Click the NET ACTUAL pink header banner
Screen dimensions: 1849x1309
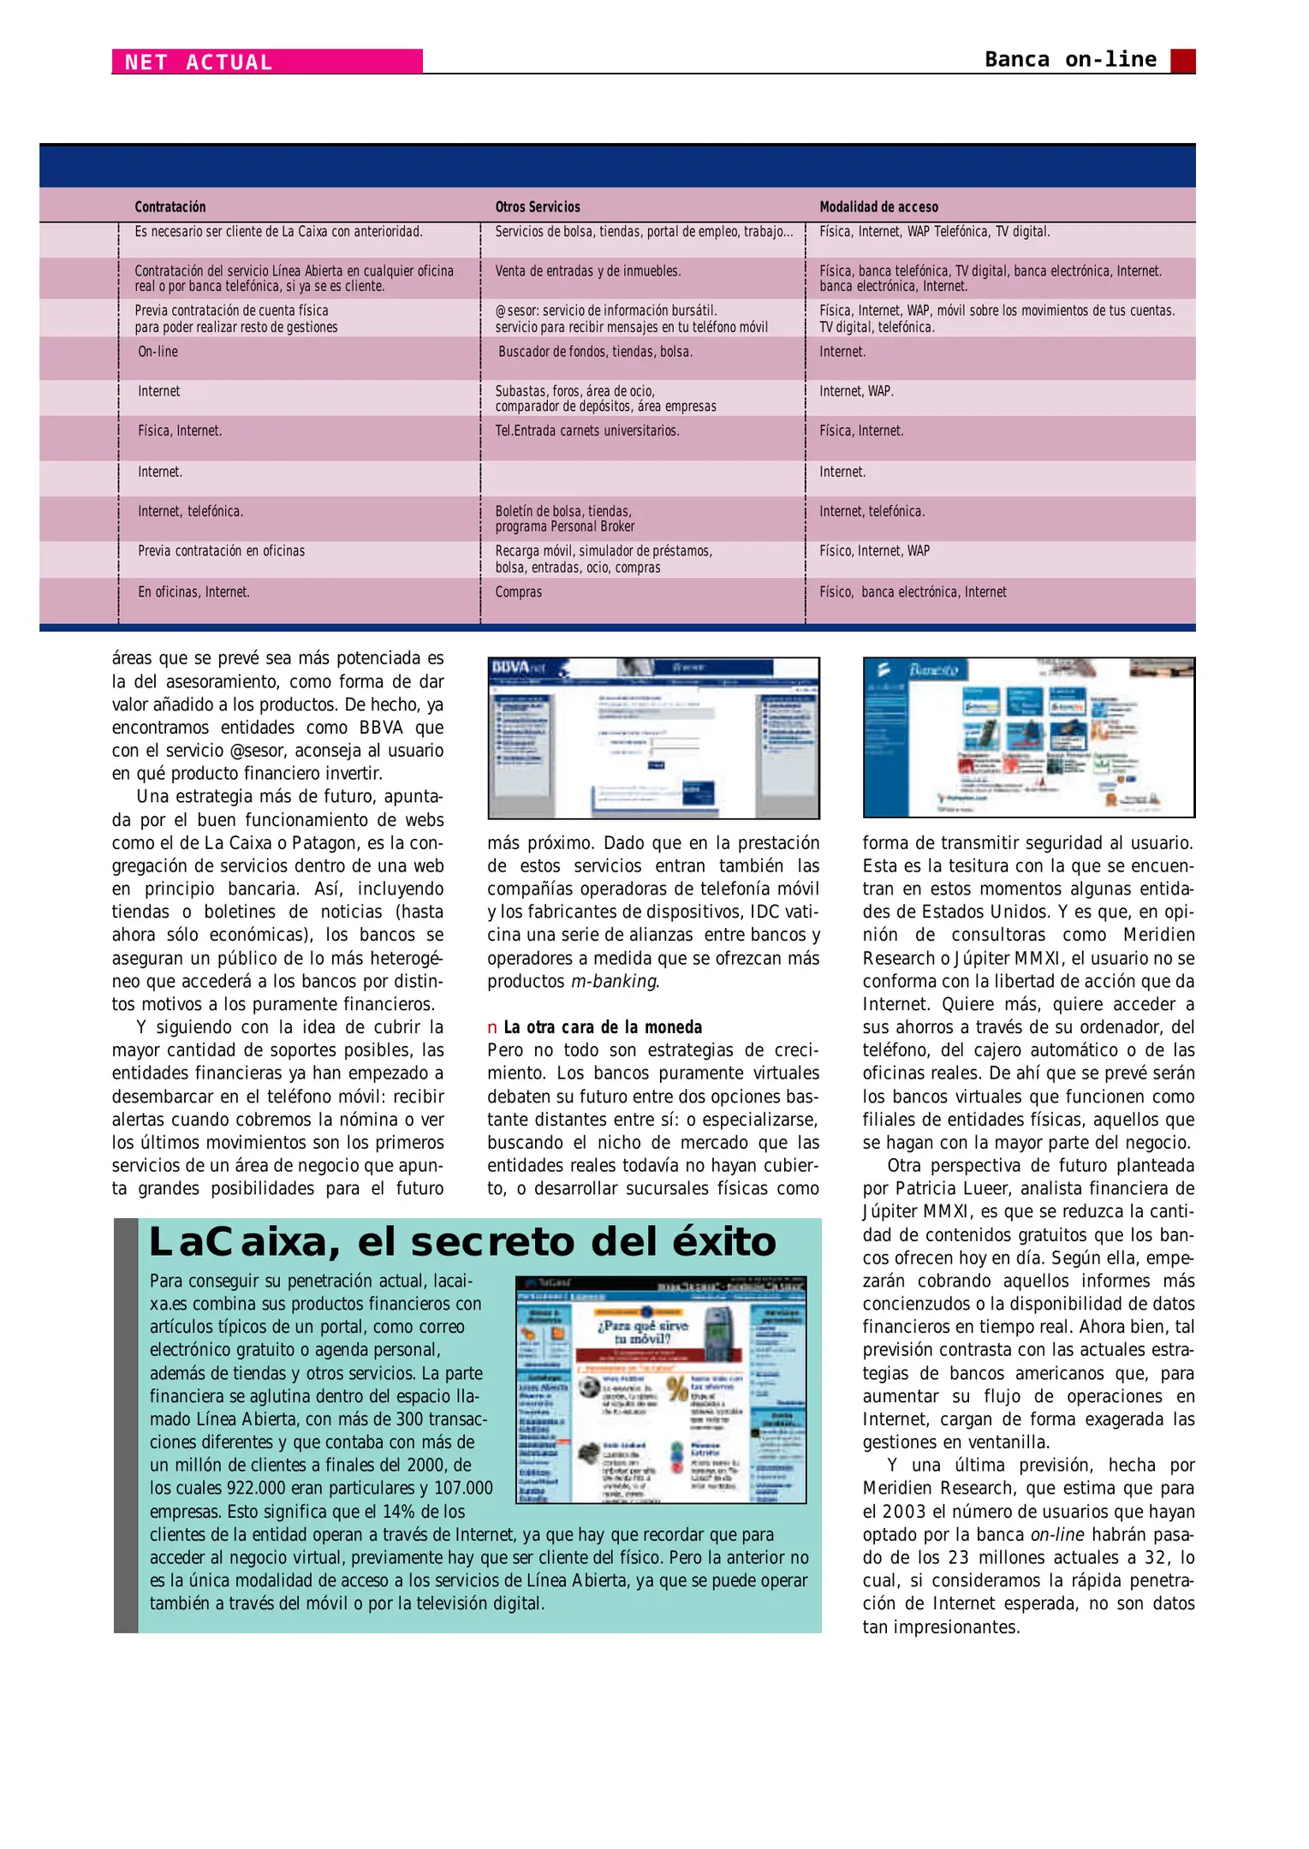pyautogui.click(x=266, y=62)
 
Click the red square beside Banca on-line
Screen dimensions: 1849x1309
pyautogui.click(x=1182, y=61)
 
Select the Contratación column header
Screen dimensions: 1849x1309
pyautogui.click(x=170, y=207)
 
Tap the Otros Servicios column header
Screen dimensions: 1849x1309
pyautogui.click(x=537, y=207)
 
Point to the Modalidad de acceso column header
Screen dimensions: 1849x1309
pyautogui.click(x=878, y=207)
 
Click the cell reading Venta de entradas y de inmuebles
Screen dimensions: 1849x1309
pyautogui.click(x=587, y=271)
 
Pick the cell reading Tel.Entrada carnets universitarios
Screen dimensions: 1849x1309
pyautogui.click(x=586, y=431)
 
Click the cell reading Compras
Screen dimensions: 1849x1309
pyautogui.click(x=518, y=592)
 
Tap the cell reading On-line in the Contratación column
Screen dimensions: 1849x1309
pyautogui.click(x=158, y=352)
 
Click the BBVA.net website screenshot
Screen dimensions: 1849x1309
pyautogui.click(x=653, y=737)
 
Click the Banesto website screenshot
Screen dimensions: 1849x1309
pyautogui.click(x=1028, y=737)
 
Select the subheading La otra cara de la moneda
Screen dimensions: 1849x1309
pyautogui.click(x=602, y=1027)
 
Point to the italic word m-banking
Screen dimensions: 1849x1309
pyautogui.click(x=613, y=981)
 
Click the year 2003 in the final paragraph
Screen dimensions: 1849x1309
pyautogui.click(x=903, y=1512)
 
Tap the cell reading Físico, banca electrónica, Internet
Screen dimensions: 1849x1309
pyautogui.click(x=912, y=592)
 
